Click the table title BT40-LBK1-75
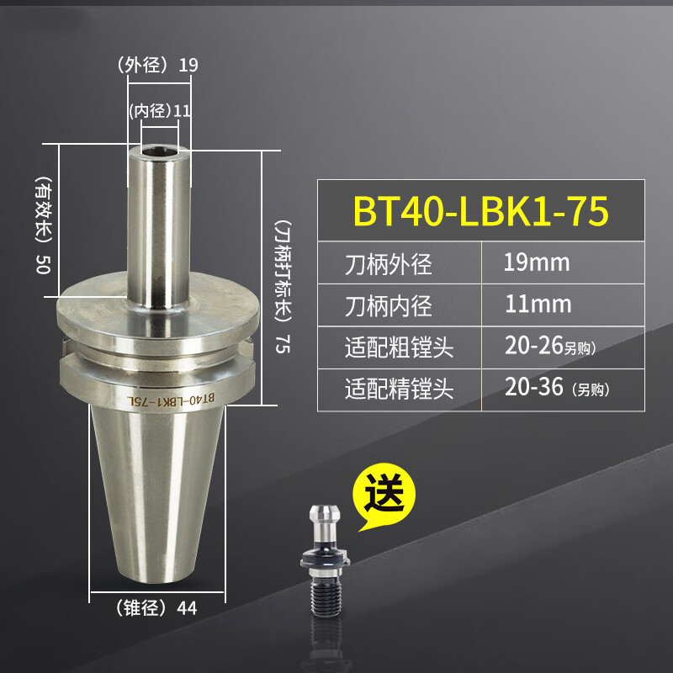tap(480, 212)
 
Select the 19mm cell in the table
tap(537, 262)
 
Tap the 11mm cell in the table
tap(537, 303)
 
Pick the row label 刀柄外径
tap(388, 264)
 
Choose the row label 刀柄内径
tap(388, 305)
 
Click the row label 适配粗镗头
tap(399, 346)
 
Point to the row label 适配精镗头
tap(399, 388)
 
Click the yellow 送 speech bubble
tap(389, 496)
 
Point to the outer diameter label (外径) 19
tap(157, 65)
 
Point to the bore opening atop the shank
tap(159, 151)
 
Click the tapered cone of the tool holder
tap(157, 496)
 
